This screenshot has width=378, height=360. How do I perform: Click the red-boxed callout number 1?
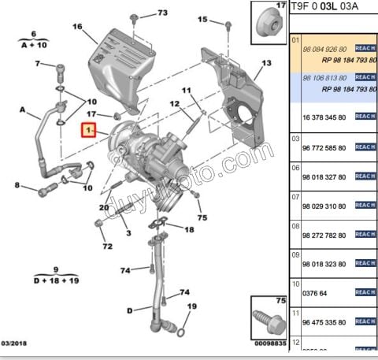coord(90,128)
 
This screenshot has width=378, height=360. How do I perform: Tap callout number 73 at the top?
coord(162,13)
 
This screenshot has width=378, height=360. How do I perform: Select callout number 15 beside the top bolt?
coord(202,19)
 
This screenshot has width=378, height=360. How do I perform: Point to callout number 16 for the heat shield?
coord(77,27)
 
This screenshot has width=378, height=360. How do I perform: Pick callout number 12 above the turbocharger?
coord(175,104)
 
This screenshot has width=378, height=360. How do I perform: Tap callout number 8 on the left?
coord(37,64)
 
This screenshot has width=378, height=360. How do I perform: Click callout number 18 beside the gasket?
coord(188,229)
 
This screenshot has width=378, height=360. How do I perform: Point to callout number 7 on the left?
coord(37,64)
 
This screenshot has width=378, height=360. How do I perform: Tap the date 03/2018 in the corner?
coord(13,343)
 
